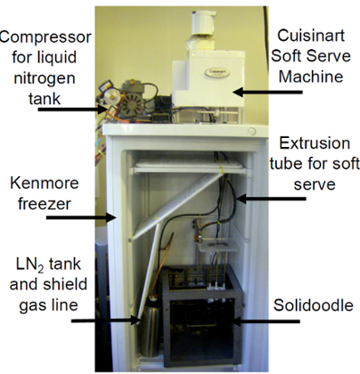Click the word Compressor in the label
(x=45, y=37)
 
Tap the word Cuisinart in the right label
(x=311, y=36)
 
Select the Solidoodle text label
(x=314, y=305)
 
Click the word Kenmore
(x=45, y=183)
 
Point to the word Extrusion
(x=315, y=143)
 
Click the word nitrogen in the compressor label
(x=45, y=78)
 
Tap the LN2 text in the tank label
(x=29, y=264)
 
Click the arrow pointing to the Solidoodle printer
(x=266, y=321)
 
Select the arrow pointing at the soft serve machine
(x=267, y=92)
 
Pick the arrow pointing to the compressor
(x=72, y=110)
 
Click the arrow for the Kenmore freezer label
(x=81, y=217)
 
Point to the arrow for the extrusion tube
(x=271, y=199)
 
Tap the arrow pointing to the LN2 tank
(x=106, y=320)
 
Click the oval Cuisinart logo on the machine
(x=217, y=72)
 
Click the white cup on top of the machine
(x=203, y=23)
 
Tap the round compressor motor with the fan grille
(x=133, y=104)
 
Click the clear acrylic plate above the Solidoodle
(x=217, y=246)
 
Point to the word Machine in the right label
(x=311, y=77)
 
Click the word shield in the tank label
(x=65, y=284)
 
